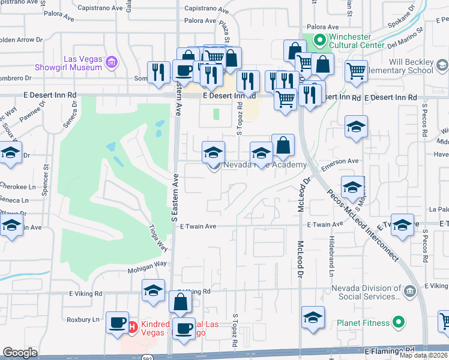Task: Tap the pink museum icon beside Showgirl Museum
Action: tap(111, 62)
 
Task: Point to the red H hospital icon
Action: tap(132, 327)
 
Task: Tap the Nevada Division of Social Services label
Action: tap(366, 292)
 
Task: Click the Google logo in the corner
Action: tap(20, 353)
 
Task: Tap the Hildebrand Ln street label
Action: tap(331, 256)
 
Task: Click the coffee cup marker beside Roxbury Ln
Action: tap(116, 322)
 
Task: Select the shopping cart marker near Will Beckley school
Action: tap(356, 71)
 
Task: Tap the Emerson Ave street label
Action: tap(339, 161)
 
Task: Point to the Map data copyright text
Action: tap(423, 355)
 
